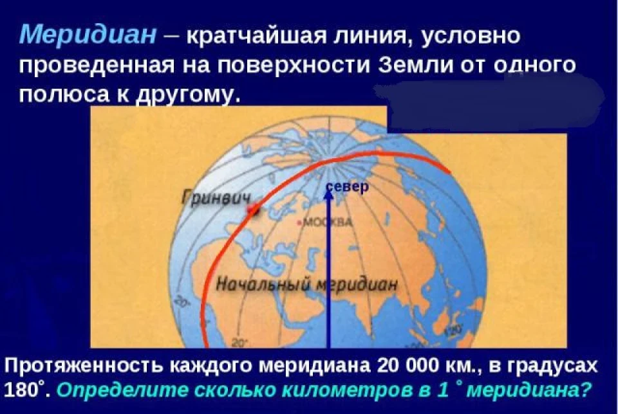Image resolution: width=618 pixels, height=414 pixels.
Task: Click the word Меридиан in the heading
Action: tap(88, 34)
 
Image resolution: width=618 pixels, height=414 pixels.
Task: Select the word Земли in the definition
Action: tap(415, 66)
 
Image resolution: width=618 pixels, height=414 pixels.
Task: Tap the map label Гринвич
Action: tap(216, 198)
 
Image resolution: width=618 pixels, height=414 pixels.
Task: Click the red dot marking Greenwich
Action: tap(253, 210)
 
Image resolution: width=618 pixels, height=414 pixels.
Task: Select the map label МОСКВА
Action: tap(326, 222)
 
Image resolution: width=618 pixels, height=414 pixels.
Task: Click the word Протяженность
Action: tap(83, 366)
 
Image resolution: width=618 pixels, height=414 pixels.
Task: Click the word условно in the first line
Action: tap(471, 36)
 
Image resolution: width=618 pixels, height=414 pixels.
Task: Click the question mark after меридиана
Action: tap(586, 390)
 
